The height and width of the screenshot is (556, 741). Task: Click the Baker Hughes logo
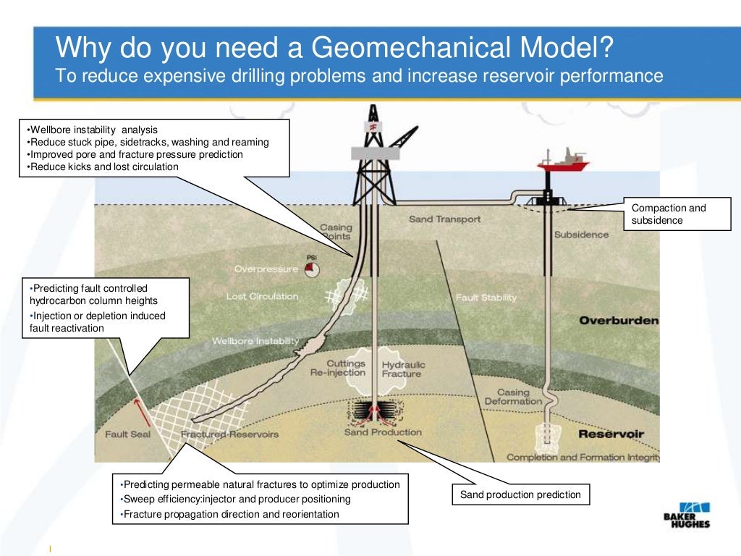click(687, 515)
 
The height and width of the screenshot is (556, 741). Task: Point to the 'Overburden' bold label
click(619, 320)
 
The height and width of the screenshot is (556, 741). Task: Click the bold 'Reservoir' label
click(611, 434)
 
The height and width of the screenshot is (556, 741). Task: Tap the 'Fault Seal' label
click(127, 434)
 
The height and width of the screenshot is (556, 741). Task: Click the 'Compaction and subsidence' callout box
click(676, 214)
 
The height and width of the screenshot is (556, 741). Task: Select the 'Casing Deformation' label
click(513, 397)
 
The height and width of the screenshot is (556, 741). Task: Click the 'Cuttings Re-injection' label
click(346, 368)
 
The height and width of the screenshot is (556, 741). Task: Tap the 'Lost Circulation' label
click(262, 296)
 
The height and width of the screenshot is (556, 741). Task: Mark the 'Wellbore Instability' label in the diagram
click(255, 341)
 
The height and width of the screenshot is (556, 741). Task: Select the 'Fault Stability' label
click(486, 298)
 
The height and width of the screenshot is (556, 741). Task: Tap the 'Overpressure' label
click(266, 269)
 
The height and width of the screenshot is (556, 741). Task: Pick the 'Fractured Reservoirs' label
click(229, 434)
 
